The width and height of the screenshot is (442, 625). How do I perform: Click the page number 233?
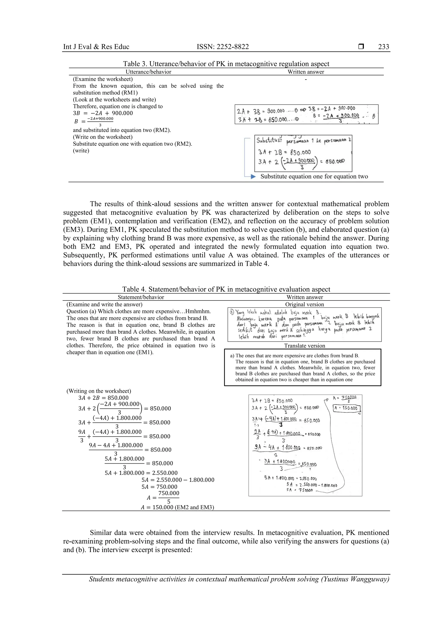[384, 47]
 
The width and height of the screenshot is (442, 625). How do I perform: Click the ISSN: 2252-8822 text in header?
[223, 47]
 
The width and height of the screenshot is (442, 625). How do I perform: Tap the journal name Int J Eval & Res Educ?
[96, 47]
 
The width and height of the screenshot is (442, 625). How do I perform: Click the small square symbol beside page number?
[361, 47]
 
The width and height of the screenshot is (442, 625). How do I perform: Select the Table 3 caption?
[226, 64]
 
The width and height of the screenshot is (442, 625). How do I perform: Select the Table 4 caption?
[226, 289]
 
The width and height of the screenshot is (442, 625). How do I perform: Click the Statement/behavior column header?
[141, 297]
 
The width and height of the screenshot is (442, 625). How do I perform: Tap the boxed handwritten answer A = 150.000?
[347, 408]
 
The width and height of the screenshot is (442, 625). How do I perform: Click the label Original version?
[305, 304]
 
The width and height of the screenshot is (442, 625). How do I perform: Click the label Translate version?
[305, 346]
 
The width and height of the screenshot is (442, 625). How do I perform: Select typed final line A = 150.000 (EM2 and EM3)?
[177, 507]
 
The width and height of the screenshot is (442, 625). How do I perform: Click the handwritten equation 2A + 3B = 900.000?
[261, 111]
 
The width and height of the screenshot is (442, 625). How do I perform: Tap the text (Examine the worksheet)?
[103, 79]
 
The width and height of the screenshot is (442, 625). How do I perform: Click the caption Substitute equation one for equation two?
[314, 176]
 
